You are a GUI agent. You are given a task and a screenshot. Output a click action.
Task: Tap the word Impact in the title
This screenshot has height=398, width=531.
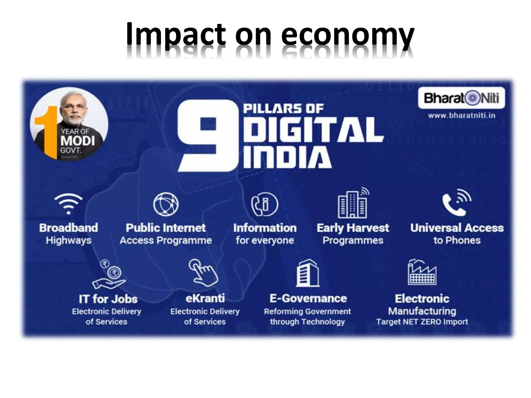pyautogui.click(x=176, y=35)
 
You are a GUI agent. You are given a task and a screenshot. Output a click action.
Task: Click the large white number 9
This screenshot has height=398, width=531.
pyautogui.click(x=207, y=136)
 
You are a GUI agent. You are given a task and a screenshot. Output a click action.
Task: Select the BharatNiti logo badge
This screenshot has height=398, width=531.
pyautogui.click(x=461, y=98)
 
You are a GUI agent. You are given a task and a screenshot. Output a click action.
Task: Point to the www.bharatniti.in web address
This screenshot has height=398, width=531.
pyautogui.click(x=462, y=115)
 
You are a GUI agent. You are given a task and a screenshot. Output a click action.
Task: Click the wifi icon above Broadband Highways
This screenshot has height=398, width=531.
pyautogui.click(x=68, y=204)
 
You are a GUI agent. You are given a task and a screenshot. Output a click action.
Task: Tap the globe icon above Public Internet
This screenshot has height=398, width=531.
pyautogui.click(x=166, y=204)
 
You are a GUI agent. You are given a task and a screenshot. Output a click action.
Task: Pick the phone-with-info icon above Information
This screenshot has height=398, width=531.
pyautogui.click(x=264, y=204)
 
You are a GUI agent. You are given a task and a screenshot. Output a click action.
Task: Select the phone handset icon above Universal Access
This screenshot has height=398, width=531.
pyautogui.click(x=456, y=202)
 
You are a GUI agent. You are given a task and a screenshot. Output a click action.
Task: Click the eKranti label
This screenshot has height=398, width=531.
pyautogui.click(x=205, y=298)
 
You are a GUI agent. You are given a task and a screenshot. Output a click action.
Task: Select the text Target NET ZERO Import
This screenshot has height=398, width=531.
pyautogui.click(x=422, y=322)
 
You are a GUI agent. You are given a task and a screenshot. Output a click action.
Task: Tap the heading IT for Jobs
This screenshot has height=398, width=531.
pyautogui.click(x=108, y=299)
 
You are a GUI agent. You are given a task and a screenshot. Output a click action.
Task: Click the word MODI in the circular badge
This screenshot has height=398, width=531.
pyautogui.click(x=78, y=141)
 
